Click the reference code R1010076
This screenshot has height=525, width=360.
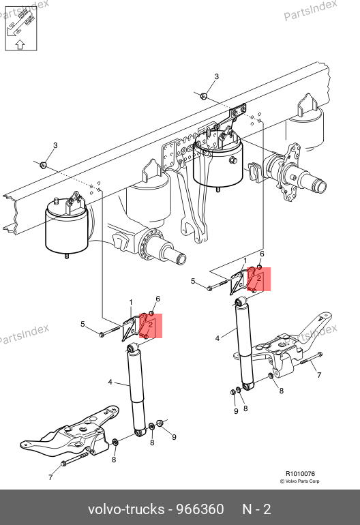coord(300,473)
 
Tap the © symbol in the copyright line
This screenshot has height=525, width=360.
coord(282,481)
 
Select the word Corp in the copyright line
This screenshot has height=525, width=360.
coord(314,481)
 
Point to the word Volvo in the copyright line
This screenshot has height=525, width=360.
coord(290,481)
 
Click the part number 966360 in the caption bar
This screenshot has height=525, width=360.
coord(200,509)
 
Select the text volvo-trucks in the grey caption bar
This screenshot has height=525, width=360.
coord(126,509)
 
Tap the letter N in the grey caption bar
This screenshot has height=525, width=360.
coord(247,509)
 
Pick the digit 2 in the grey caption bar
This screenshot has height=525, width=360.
coord(267,509)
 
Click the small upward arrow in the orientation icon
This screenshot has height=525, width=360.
coord(20,44)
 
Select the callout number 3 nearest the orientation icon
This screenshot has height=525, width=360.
coord(55,145)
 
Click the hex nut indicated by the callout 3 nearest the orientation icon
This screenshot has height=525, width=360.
coord(43,165)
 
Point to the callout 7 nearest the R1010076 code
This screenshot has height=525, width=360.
coord(319,375)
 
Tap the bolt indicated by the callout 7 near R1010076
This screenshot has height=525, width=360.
coord(312,358)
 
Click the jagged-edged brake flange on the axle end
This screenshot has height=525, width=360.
coord(290,171)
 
